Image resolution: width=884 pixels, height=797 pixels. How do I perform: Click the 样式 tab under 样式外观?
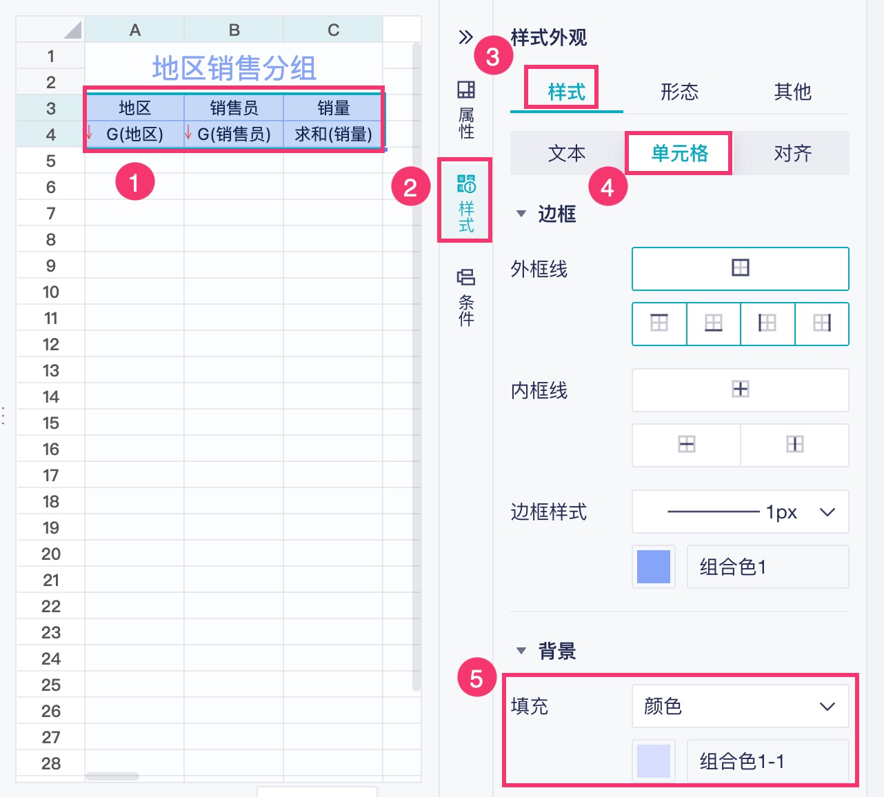(x=566, y=92)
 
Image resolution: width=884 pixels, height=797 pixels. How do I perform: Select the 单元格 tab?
(x=679, y=153)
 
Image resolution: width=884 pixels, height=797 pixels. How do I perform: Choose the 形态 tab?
(x=679, y=92)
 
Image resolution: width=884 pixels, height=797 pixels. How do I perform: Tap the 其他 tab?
(x=792, y=92)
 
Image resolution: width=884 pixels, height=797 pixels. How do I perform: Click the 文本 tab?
(x=567, y=153)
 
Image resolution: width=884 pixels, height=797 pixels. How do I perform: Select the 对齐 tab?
(x=792, y=153)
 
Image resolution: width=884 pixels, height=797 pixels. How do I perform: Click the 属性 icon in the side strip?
(x=466, y=110)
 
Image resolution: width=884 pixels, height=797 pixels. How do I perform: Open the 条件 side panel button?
(x=466, y=297)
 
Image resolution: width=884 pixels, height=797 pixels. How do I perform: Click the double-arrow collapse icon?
(x=466, y=37)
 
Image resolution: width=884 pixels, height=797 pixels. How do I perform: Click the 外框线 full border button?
(x=740, y=268)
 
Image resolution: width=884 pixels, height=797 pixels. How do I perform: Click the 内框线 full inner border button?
(x=740, y=390)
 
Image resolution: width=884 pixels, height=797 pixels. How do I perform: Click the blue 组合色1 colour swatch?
(x=654, y=567)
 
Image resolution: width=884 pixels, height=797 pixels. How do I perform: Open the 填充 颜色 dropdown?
(x=740, y=706)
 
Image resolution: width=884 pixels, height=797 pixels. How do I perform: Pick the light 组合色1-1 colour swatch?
(x=654, y=761)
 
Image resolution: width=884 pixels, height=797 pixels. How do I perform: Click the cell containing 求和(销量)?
(x=333, y=134)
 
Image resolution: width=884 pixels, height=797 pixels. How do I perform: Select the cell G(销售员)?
(x=234, y=134)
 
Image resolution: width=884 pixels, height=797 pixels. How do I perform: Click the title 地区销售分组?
(x=234, y=68)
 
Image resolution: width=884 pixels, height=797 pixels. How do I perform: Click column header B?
(x=234, y=30)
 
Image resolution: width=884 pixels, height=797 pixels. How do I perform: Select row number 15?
(x=50, y=423)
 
